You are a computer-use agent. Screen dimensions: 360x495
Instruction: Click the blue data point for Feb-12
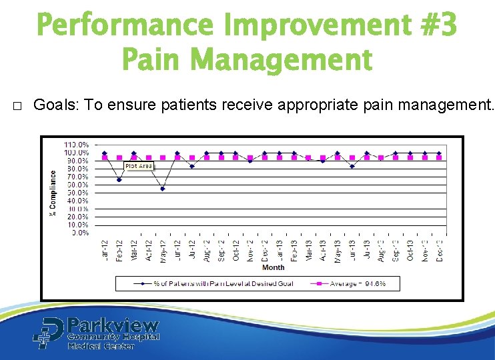click(119, 179)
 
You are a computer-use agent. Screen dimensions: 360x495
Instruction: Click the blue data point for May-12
click(162, 189)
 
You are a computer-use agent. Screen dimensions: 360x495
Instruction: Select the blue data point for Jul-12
click(191, 166)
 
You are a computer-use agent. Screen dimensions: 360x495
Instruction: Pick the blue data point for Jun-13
click(352, 166)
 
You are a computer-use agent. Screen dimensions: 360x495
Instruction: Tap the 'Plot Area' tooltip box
click(139, 165)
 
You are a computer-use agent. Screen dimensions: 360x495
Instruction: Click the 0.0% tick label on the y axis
click(80, 233)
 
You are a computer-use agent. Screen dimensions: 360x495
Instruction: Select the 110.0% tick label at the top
click(77, 145)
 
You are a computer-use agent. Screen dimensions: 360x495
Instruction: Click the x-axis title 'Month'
click(273, 267)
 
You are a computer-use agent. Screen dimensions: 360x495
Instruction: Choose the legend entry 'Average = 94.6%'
click(354, 283)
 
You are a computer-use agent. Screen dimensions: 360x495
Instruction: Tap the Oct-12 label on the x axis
click(235, 250)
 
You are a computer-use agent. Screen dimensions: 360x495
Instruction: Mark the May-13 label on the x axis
click(337, 250)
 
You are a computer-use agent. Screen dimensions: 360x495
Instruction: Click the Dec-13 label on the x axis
click(439, 250)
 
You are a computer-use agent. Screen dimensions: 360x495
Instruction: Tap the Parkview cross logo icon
click(48, 332)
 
